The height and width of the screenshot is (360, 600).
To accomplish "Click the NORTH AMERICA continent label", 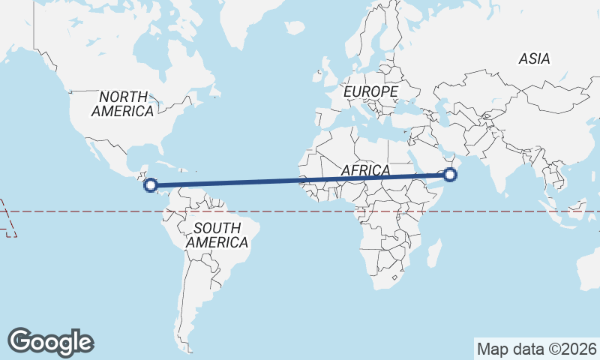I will (123, 103).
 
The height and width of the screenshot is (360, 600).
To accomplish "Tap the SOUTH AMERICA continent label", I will (217, 235).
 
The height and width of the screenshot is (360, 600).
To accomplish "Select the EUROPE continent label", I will (370, 91).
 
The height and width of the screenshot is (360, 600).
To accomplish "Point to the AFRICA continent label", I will (365, 170).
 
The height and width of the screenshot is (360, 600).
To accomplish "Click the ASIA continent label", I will (534, 58).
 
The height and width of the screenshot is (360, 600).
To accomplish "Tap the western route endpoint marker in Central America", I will (150, 184).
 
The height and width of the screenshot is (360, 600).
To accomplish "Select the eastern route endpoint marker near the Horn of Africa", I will (450, 175).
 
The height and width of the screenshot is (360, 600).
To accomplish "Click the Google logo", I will (50, 342).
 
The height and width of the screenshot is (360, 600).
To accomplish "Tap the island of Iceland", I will (295, 27).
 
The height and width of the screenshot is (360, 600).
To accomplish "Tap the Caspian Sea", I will (445, 112).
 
